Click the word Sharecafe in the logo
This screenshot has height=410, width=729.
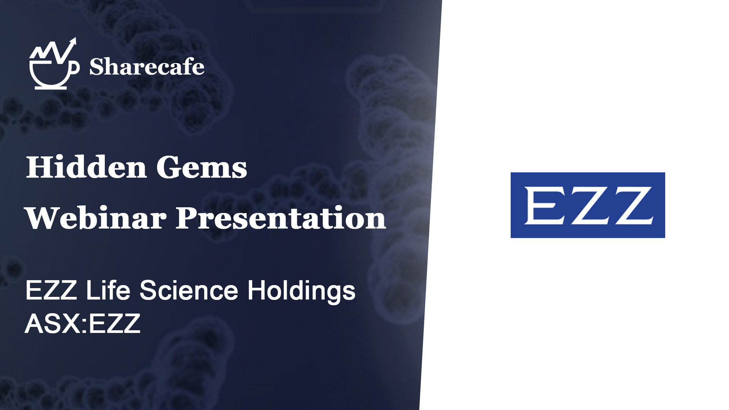147,67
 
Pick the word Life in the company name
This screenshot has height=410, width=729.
108,290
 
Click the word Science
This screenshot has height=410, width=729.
189,290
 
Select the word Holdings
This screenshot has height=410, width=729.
301,292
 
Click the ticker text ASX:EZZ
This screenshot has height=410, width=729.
83,324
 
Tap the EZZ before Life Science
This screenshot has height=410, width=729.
51,290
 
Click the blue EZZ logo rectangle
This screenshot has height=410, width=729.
588,205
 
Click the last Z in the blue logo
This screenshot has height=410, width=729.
631,205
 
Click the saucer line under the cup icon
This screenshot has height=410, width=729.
51,88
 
